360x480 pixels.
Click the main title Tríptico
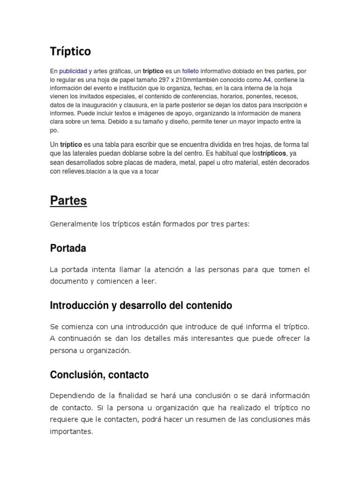click(x=70, y=51)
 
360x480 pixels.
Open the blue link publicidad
click(x=73, y=71)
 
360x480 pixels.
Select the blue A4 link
click(x=267, y=80)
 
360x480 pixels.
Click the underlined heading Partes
click(x=68, y=201)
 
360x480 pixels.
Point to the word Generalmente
click(x=74, y=225)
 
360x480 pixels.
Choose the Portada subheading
click(x=68, y=248)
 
